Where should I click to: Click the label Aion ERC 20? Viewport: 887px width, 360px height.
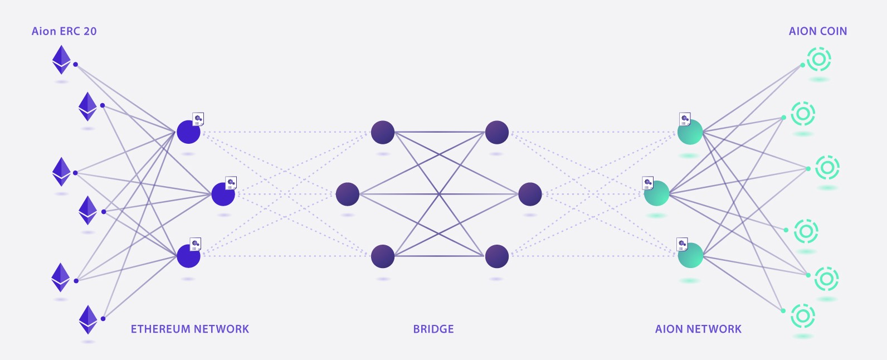pyautogui.click(x=64, y=31)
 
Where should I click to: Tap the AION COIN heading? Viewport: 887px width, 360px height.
pyautogui.click(x=817, y=31)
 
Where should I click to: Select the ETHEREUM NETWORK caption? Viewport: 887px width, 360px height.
pyautogui.click(x=189, y=329)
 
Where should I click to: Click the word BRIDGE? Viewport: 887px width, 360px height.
pyautogui.click(x=433, y=329)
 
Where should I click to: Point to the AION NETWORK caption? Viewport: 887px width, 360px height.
pyautogui.click(x=698, y=329)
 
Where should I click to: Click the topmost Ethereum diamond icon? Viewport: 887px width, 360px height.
pyautogui.click(x=61, y=60)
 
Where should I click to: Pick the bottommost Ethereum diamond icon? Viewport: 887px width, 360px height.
pyautogui.click(x=88, y=319)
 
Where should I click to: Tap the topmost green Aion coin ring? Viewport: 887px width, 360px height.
pyautogui.click(x=819, y=59)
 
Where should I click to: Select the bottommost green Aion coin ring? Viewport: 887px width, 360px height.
pyautogui.click(x=803, y=316)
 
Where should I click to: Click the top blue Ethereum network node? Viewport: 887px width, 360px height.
pyautogui.click(x=188, y=132)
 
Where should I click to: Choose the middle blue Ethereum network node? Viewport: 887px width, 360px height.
pyautogui.click(x=223, y=194)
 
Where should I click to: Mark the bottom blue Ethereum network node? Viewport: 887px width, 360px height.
pyautogui.click(x=188, y=256)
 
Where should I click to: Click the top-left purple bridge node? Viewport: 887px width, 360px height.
pyautogui.click(x=383, y=132)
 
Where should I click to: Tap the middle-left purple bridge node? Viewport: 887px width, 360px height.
pyautogui.click(x=348, y=194)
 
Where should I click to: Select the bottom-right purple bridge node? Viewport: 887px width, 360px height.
pyautogui.click(x=497, y=256)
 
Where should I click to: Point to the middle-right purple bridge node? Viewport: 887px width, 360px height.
pyautogui.click(x=530, y=194)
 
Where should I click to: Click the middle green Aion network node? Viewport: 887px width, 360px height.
pyautogui.click(x=657, y=194)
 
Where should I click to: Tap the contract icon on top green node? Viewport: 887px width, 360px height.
pyautogui.click(x=685, y=119)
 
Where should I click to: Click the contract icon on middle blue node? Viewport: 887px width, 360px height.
pyautogui.click(x=231, y=182)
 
